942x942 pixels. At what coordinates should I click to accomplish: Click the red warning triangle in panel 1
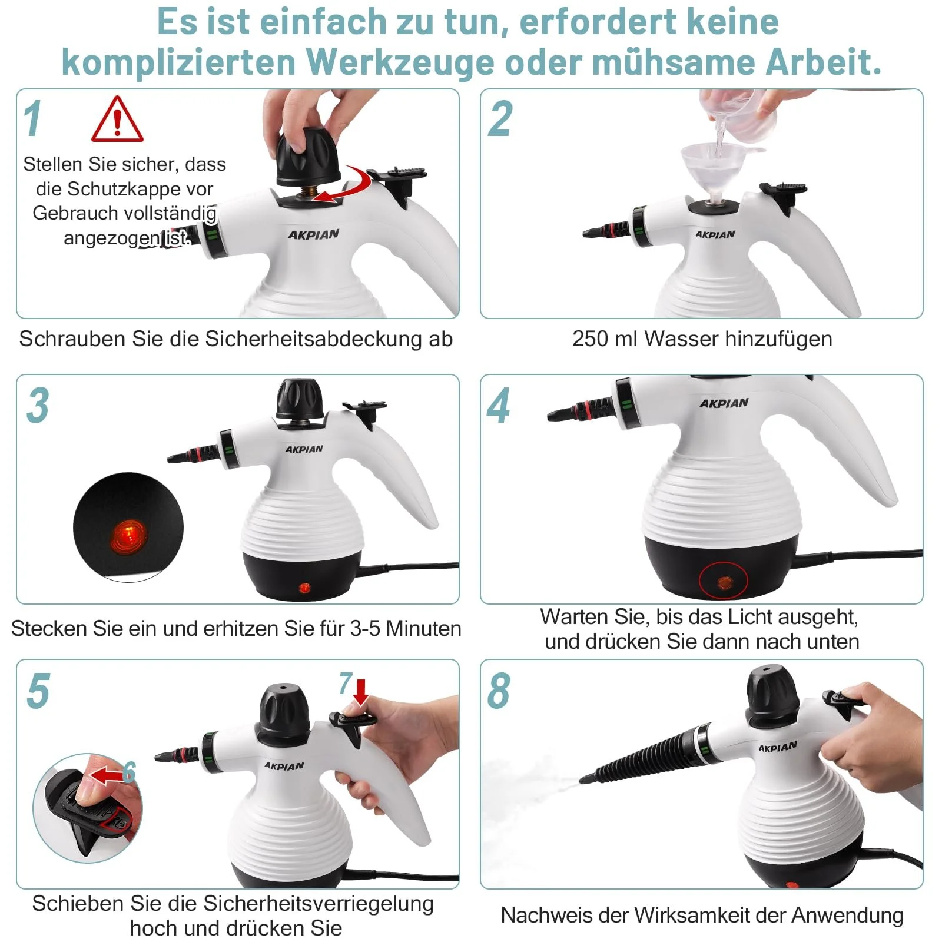pyautogui.click(x=117, y=120)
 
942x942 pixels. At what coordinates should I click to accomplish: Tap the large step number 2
pyautogui.click(x=500, y=119)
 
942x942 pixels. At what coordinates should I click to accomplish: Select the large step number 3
pyautogui.click(x=38, y=406)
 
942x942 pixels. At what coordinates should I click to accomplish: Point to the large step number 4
pyautogui.click(x=499, y=406)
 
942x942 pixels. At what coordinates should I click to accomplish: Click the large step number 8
pyautogui.click(x=499, y=691)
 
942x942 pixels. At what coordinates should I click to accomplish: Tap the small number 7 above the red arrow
pyautogui.click(x=346, y=684)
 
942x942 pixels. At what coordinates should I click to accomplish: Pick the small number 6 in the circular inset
pyautogui.click(x=129, y=772)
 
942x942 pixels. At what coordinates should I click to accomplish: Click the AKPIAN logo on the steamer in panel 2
pyautogui.click(x=715, y=234)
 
